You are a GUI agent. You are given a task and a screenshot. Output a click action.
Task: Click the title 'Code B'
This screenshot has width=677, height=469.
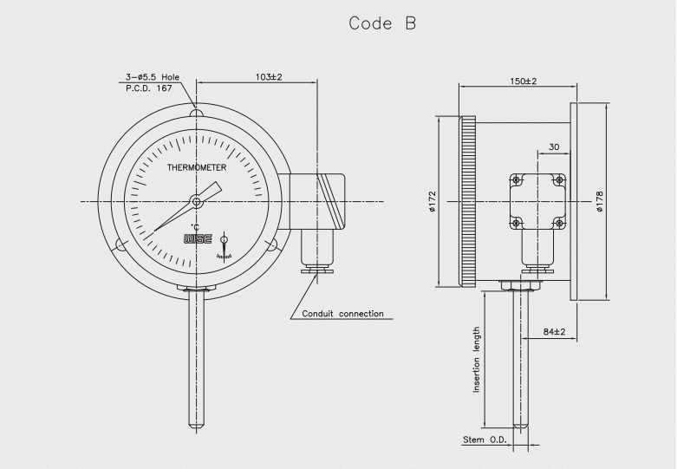(x=382, y=23)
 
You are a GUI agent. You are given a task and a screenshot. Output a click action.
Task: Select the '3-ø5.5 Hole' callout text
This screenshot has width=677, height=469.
(x=152, y=77)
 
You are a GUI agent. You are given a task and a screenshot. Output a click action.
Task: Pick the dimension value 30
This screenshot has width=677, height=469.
(x=554, y=147)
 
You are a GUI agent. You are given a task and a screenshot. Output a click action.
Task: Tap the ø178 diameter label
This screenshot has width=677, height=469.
(x=599, y=201)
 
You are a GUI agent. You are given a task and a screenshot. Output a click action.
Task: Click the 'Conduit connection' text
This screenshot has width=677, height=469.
(x=342, y=314)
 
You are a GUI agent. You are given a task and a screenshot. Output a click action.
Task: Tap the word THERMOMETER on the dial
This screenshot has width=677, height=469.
(x=197, y=168)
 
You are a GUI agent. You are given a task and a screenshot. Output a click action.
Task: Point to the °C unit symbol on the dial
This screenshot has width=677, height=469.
(x=195, y=226)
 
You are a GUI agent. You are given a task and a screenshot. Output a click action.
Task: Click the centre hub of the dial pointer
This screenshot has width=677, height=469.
(x=197, y=201)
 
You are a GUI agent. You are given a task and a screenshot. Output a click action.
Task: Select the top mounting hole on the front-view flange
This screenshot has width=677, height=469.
(x=197, y=113)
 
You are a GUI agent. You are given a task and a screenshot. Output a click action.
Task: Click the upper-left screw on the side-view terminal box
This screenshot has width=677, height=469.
(x=516, y=180)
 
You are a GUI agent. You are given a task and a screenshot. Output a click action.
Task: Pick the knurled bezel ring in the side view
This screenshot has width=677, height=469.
(x=469, y=201)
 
